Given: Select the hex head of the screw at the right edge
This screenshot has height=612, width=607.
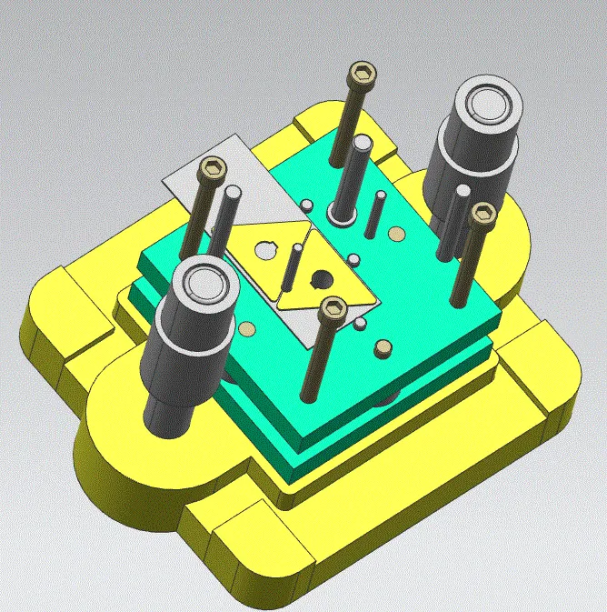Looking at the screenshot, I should click(483, 216).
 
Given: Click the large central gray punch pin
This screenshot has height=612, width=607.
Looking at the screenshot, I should click(357, 173).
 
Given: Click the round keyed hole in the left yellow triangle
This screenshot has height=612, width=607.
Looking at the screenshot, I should click(264, 246).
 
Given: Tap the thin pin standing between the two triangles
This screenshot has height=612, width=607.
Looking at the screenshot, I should click(293, 268).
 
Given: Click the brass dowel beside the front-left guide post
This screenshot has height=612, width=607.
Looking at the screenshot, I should click(247, 328).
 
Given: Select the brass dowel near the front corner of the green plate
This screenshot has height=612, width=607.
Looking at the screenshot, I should click(383, 347).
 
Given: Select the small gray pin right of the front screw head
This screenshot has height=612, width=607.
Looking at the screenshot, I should click(362, 323).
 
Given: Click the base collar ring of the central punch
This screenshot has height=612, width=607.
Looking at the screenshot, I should click(342, 217).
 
